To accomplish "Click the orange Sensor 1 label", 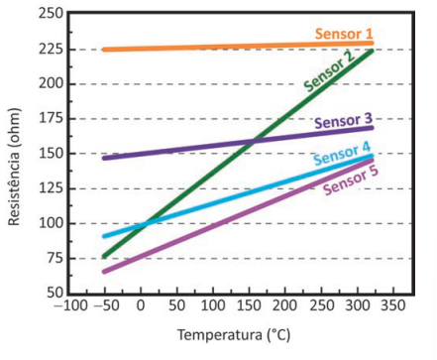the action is point(344,34).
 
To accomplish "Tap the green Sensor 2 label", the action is point(329,71).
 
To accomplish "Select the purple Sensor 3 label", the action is point(344,121).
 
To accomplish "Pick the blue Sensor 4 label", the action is point(342,154).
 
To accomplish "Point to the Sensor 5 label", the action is point(351,180).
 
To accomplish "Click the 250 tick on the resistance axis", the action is point(51,14).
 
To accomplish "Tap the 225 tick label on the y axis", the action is point(51,50).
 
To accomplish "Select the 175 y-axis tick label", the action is point(51,118).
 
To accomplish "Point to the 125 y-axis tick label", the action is point(51,188).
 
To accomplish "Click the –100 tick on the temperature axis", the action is point(71,305).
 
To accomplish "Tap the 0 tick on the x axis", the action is point(141,305).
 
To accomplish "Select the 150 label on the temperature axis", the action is point(249,305).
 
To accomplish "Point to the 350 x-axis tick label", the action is point(393,305).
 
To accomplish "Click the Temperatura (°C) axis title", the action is point(234,335).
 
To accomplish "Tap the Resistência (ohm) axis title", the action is point(14,167).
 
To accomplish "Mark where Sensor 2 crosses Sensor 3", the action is point(254,141).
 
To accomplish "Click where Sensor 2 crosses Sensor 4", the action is point(145,225).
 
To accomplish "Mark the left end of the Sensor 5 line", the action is point(104,272).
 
